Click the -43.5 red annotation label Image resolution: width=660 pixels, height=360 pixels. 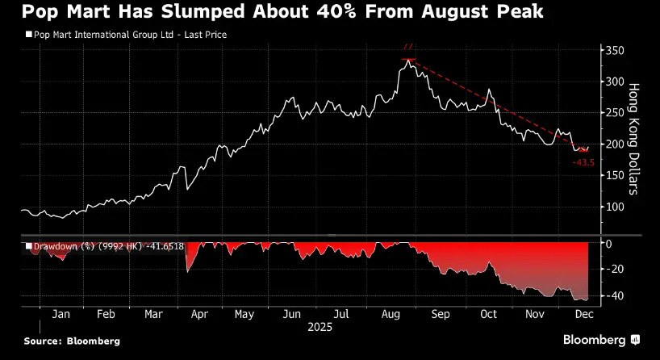tap(583, 162)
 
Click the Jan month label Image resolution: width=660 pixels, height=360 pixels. tap(61, 314)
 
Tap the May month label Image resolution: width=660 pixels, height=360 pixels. tap(244, 314)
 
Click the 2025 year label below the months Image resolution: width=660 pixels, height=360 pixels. tap(320, 328)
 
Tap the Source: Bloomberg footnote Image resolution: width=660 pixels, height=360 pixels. tap(72, 341)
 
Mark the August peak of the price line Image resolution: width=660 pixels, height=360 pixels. tap(409, 59)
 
